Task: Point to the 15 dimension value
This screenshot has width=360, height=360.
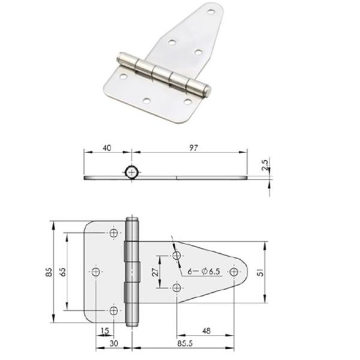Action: tap(106, 331)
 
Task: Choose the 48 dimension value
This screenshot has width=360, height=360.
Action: tap(206, 331)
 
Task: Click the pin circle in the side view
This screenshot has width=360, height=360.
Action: tap(131, 172)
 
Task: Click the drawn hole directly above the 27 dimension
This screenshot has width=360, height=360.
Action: tap(176, 256)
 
